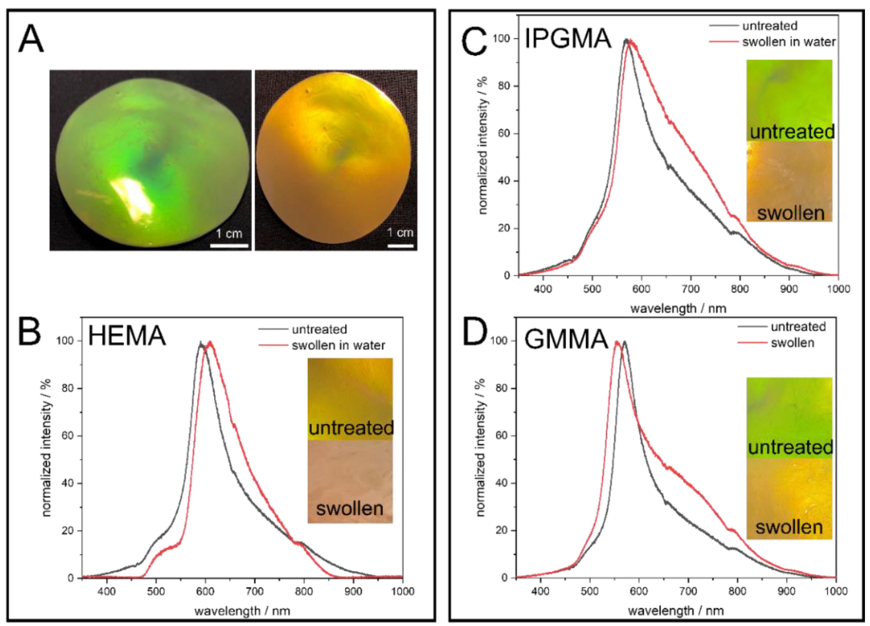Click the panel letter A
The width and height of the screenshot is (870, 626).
[31, 40]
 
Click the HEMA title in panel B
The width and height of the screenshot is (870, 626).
[127, 335]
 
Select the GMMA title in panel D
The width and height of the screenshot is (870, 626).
[566, 340]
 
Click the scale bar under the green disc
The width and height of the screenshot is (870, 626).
[229, 246]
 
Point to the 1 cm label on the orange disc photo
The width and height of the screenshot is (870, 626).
[400, 233]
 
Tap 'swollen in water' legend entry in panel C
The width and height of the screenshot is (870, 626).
[789, 42]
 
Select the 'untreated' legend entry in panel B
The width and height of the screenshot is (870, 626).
[319, 329]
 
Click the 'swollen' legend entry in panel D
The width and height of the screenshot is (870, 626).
[792, 343]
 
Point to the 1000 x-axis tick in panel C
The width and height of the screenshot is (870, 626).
[838, 289]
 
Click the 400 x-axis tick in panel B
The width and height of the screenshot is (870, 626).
[107, 592]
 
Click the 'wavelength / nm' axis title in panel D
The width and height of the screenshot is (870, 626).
[675, 611]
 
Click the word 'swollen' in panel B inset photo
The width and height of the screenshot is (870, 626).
[349, 509]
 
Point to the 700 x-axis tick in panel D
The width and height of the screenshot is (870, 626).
[688, 592]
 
